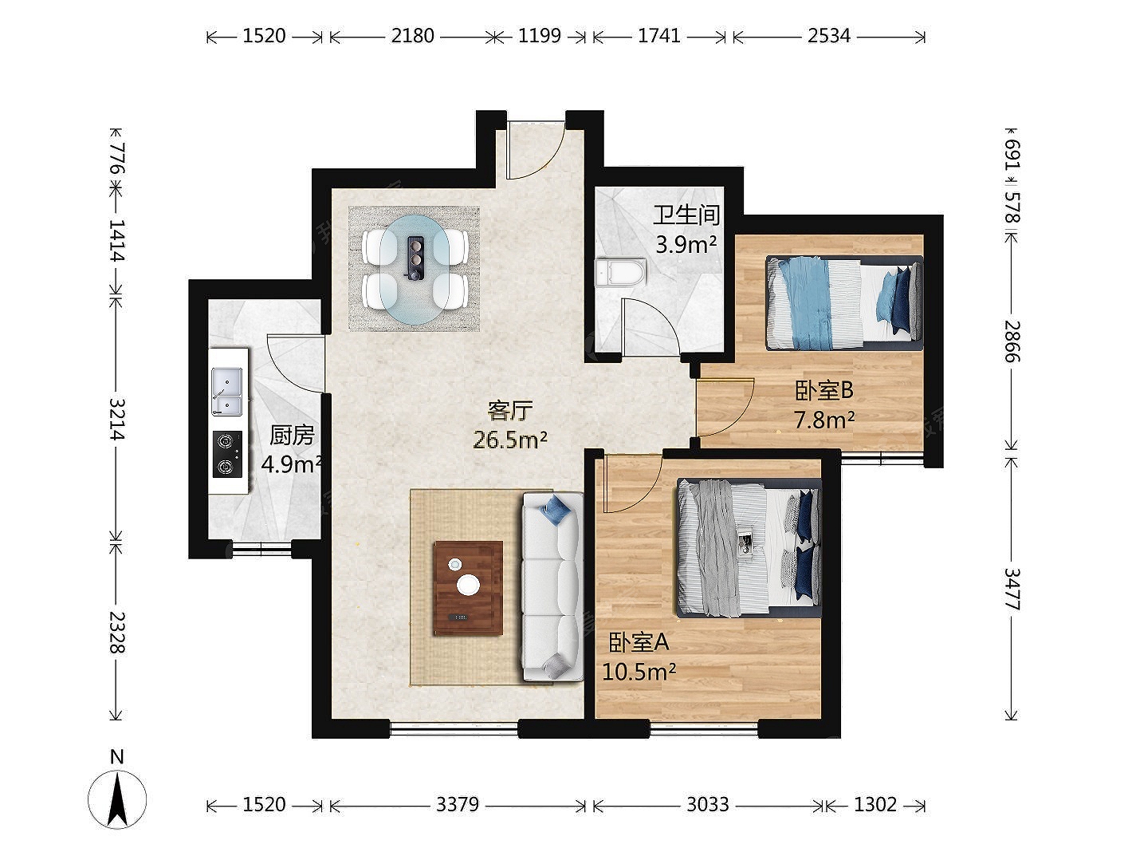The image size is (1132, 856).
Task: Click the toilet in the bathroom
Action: click(619, 272)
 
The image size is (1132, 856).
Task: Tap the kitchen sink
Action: click(226, 392)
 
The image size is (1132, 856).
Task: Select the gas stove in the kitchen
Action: click(227, 454)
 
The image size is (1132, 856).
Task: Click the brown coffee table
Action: click(469, 587)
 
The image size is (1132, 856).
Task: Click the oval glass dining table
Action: click(415, 270)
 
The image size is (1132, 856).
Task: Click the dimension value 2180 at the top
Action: click(412, 36)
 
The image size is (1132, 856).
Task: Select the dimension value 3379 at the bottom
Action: click(458, 804)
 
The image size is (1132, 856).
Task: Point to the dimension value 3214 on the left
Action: click(117, 419)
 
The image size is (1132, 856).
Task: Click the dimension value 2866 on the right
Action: click(1012, 341)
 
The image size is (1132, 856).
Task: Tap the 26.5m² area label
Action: click(510, 440)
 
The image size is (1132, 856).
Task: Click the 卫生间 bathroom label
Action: click(686, 215)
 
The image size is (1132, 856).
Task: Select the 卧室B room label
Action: click(824, 391)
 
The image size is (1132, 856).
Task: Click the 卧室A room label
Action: click(639, 642)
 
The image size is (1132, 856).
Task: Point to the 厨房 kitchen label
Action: click(292, 436)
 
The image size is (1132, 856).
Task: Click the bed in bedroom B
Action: click(844, 303)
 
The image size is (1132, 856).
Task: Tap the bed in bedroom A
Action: click(749, 548)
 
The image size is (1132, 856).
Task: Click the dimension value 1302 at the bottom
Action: click(875, 804)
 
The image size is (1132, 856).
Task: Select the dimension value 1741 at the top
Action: click(659, 36)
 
